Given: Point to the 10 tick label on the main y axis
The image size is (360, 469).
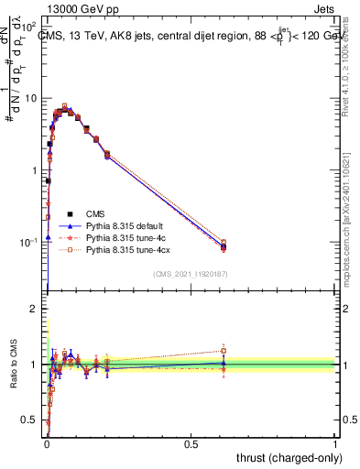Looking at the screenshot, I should tap(32, 98).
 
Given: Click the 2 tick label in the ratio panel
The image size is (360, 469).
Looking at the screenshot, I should tap(37, 309).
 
